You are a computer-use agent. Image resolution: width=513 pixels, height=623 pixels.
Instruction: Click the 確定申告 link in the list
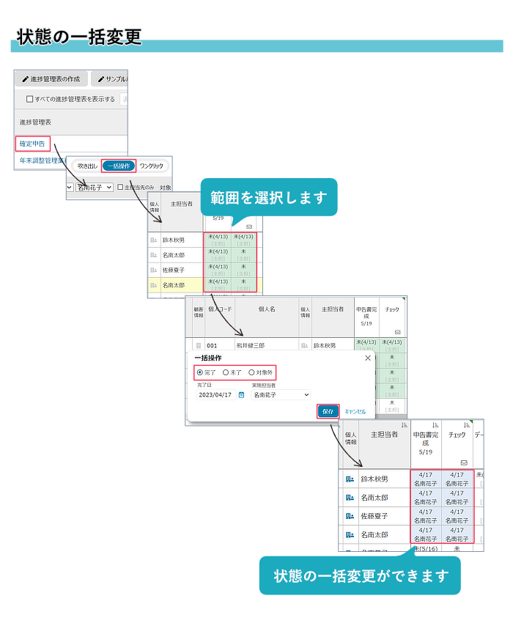(x=32, y=144)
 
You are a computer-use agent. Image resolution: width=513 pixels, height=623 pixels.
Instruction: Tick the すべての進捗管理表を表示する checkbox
(x=29, y=99)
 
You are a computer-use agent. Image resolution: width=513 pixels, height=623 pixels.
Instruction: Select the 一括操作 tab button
(x=119, y=166)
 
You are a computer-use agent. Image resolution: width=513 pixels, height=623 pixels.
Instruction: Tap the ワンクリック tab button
(x=151, y=166)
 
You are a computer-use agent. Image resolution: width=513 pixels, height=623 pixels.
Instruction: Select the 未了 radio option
(x=226, y=372)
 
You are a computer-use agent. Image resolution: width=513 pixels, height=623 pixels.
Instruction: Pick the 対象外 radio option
(x=251, y=372)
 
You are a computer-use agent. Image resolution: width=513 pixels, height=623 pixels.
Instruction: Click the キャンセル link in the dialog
(x=355, y=412)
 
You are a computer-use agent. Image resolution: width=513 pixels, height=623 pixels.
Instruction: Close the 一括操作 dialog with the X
(x=368, y=358)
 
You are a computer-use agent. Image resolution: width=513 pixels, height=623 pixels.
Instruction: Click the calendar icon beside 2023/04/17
(x=241, y=395)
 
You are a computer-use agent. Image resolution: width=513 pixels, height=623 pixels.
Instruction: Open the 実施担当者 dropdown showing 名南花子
(x=281, y=395)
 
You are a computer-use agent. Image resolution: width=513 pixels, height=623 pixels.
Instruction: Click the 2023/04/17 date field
(x=215, y=395)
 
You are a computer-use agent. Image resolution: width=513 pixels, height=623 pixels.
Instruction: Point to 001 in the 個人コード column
(x=212, y=344)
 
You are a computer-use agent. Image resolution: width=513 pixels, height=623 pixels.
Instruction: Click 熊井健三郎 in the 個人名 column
(x=251, y=344)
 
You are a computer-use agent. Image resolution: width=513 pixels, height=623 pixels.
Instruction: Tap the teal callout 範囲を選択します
(x=269, y=197)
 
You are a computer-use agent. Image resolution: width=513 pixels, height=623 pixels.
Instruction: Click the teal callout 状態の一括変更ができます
(x=359, y=575)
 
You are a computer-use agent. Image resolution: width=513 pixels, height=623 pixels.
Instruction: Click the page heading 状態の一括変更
(x=79, y=37)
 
